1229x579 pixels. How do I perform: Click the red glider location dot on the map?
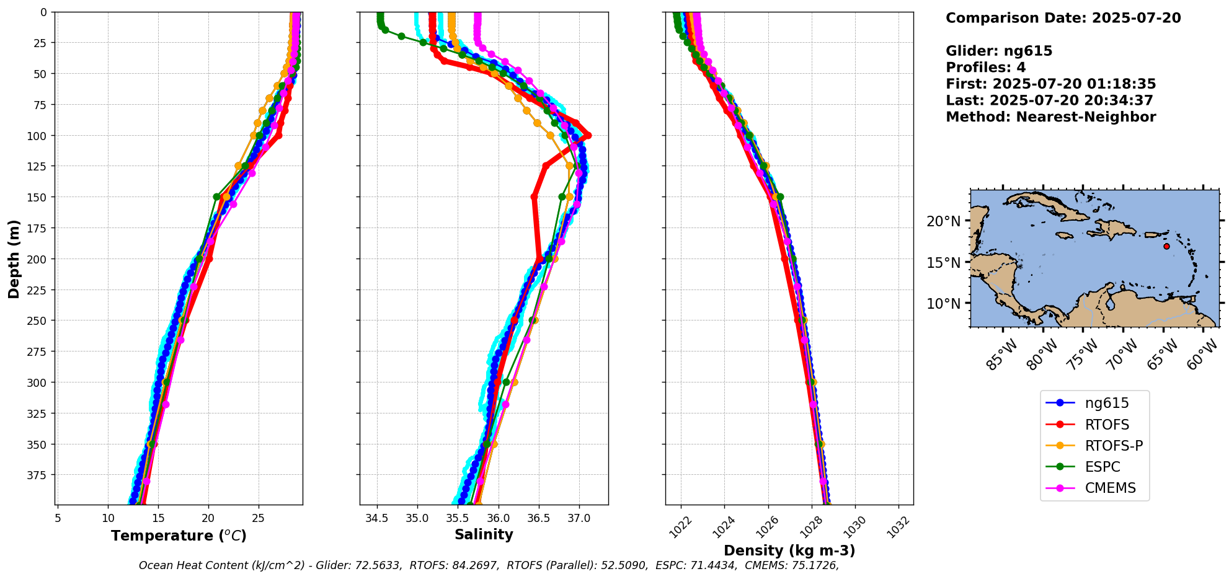tap(1166, 246)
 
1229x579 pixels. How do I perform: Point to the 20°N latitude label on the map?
tap(943, 221)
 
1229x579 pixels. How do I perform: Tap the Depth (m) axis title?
tap(14, 259)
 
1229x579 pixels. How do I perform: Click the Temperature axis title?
tap(179, 536)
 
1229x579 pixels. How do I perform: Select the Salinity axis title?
tap(484, 535)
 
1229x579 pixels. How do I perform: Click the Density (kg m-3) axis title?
tap(789, 550)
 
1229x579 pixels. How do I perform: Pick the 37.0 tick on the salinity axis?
tap(579, 518)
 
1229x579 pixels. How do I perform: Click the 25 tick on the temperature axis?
tap(258, 518)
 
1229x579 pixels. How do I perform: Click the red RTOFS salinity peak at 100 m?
tap(588, 135)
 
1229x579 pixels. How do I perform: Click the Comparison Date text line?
tap(1063, 18)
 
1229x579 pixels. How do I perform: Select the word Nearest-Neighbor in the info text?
tap(1086, 117)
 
